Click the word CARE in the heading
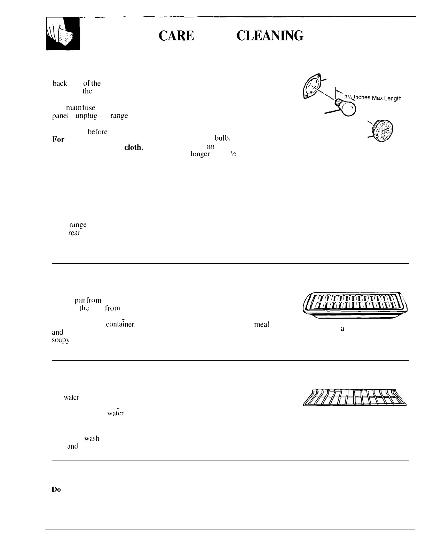point(176,36)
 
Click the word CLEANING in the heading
point(270,36)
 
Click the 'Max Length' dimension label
point(386,98)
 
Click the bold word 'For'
point(58,139)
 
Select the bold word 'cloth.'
point(134,147)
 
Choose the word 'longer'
point(200,154)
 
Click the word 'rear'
point(74,233)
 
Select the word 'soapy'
point(61,340)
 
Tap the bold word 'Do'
point(56,489)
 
